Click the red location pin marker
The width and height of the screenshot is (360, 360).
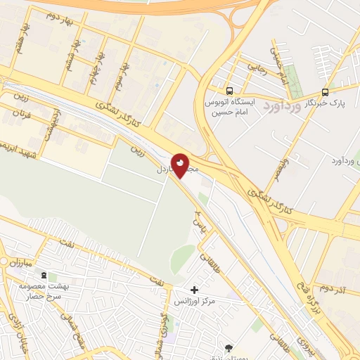180,165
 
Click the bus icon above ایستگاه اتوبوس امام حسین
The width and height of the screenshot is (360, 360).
229,91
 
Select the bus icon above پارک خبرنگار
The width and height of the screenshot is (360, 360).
324,91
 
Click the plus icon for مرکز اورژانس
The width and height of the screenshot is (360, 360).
195,289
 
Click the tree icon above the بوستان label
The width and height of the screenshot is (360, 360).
229,347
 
